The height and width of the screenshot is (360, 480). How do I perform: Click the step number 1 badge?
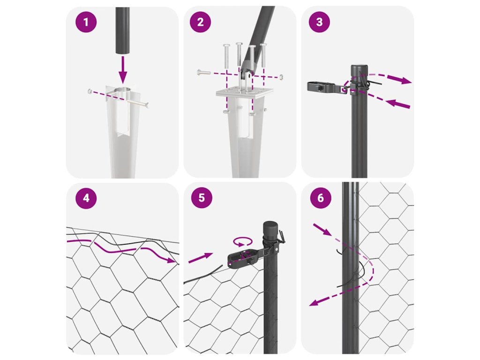click(x=86, y=22)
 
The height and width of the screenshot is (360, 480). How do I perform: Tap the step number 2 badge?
click(x=200, y=22)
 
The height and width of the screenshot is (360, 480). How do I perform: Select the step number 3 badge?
click(x=319, y=22)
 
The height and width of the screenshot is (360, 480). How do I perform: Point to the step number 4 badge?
click(x=86, y=198)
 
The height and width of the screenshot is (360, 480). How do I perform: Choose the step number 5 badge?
click(x=202, y=198)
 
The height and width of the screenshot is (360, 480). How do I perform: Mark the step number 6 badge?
click(x=321, y=198)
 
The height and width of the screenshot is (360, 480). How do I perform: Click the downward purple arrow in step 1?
click(x=123, y=70)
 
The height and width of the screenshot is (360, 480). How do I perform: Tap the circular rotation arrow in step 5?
click(x=243, y=241)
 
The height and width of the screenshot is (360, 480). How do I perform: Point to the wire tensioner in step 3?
click(x=326, y=87)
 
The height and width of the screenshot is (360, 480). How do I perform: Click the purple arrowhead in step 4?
click(x=170, y=260)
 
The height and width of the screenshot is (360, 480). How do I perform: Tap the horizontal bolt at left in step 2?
click(x=203, y=73)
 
